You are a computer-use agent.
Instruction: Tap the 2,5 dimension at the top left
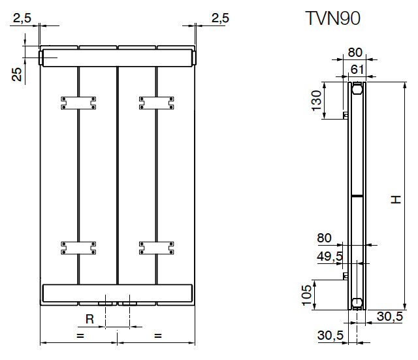[x=22, y=18]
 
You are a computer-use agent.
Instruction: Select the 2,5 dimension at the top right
[x=220, y=18]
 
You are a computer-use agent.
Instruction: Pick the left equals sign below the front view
[x=80, y=335]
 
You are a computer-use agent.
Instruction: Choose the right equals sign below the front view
[x=157, y=335]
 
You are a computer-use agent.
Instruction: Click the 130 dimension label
[x=317, y=101]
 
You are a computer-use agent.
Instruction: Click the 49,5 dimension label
[x=329, y=257]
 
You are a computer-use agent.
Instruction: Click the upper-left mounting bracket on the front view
[x=79, y=103]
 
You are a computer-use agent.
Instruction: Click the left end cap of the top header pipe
[x=40, y=58]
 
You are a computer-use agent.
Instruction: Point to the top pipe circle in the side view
[x=357, y=88]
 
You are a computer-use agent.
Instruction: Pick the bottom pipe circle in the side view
[x=357, y=303]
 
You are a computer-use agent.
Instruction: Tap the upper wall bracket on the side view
[x=346, y=116]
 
